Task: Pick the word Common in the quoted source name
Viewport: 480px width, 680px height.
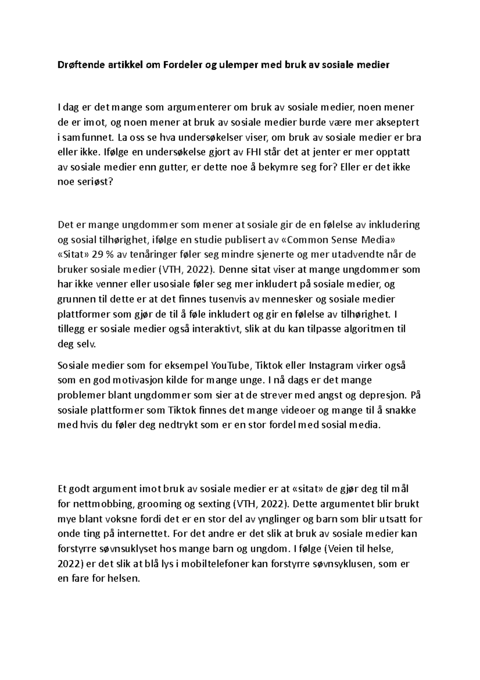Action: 304,239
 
